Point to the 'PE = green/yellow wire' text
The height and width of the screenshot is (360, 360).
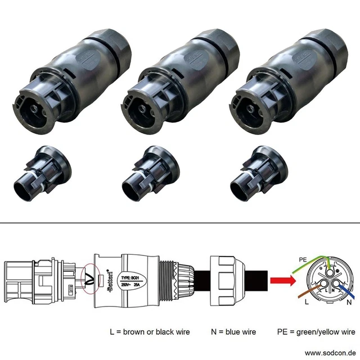coord(317,331)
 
